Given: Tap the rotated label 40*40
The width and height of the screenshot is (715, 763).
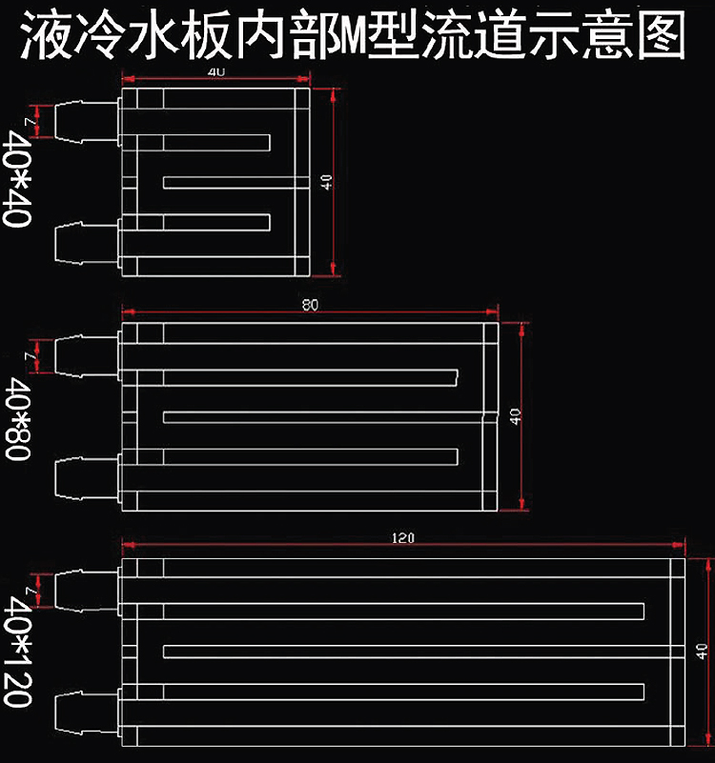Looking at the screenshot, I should [19, 178].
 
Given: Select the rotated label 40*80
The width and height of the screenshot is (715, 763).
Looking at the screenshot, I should [19, 419].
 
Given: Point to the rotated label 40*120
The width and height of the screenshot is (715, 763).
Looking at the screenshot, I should [19, 653].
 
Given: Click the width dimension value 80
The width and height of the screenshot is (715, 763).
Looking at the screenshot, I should [309, 305].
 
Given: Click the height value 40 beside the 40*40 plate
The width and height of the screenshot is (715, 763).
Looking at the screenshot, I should [327, 182].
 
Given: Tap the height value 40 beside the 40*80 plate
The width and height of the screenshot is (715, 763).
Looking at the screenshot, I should [516, 415].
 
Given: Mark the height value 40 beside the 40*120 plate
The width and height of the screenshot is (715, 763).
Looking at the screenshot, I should [703, 652].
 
